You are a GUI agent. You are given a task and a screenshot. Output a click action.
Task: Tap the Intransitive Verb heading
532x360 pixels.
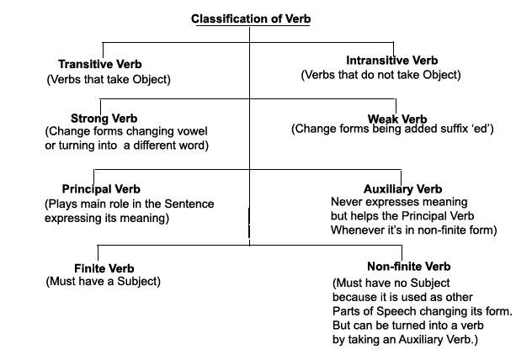click(392, 61)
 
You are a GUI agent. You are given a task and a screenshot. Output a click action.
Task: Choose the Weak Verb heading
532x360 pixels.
click(397, 118)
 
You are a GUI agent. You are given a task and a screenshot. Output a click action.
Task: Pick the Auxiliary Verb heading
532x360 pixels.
click(400, 189)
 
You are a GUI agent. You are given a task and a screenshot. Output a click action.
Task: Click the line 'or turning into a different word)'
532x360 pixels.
click(125, 146)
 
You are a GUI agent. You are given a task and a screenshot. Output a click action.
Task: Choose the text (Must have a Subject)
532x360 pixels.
click(103, 281)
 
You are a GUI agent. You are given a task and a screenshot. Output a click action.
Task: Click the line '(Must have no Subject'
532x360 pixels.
click(383, 283)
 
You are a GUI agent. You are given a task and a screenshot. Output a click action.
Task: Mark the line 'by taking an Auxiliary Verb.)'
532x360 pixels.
click(407, 340)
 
